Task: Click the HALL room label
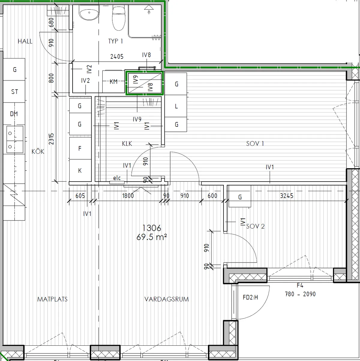[25, 41]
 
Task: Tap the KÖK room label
[38, 152]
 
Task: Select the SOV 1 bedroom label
[255, 144]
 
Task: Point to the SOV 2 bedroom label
[255, 226]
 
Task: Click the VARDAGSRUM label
[166, 299]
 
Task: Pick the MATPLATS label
[52, 299]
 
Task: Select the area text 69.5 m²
[151, 237]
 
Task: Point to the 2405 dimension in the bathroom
[117, 56]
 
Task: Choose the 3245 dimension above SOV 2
[286, 196]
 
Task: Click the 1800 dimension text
[127, 196]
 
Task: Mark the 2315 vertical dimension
[52, 139]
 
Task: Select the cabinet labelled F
[80, 149]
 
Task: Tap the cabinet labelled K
[80, 170]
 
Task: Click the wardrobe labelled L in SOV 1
[176, 106]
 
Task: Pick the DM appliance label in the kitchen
[14, 114]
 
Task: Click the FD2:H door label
[250, 298]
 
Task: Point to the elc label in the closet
[117, 178]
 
